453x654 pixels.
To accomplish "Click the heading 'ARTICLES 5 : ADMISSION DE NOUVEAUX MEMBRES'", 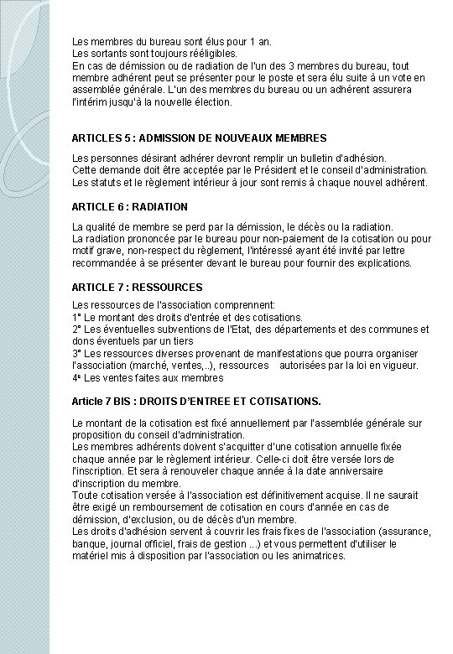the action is click(200, 137).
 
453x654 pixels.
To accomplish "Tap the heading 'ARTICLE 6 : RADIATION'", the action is click(130, 206).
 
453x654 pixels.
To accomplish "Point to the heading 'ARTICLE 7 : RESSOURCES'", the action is click(133, 287).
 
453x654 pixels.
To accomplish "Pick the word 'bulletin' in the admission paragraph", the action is click(299, 158).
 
